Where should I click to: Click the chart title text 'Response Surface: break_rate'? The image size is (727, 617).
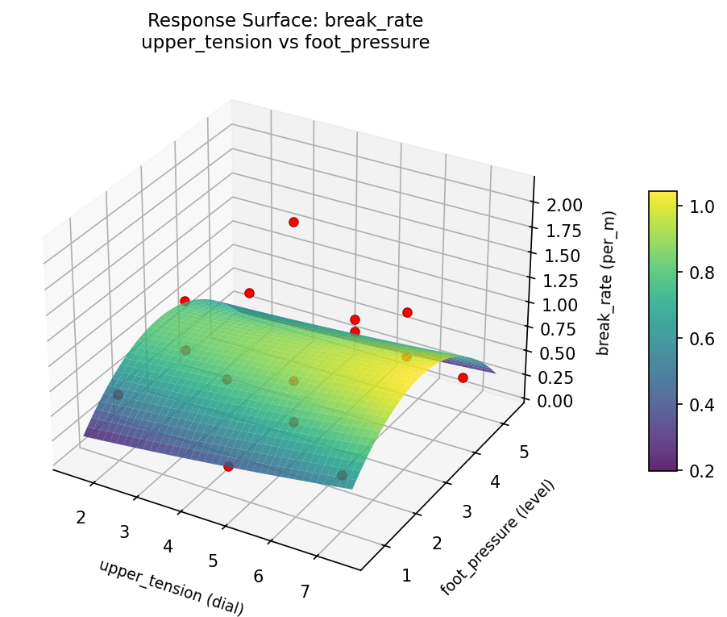coord(285,20)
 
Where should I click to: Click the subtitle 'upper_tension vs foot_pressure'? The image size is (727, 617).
coord(285,43)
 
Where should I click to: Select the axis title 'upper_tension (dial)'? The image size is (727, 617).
coord(171,587)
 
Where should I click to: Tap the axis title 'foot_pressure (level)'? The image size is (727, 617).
coord(497,536)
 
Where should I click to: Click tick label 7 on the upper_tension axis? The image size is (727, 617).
coord(305,592)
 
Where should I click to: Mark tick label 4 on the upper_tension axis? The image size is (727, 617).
coord(168,546)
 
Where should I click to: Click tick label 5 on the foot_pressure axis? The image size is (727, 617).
coord(525,452)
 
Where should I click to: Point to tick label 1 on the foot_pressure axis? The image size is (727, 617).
coord(406,575)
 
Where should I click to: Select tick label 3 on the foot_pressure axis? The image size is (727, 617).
coord(468,512)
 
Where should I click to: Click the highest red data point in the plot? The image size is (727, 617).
coord(293,222)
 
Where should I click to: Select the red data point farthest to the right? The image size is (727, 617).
coord(463,377)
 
